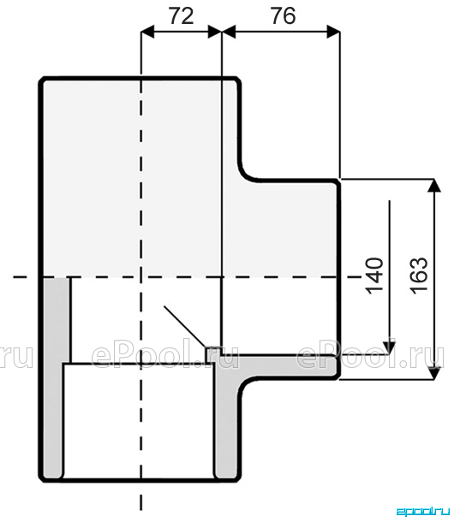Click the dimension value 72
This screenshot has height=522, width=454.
182,16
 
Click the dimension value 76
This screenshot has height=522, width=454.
283,16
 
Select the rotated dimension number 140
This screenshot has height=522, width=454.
374,276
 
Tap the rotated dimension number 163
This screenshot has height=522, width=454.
419,275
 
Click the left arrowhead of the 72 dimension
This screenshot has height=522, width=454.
147,33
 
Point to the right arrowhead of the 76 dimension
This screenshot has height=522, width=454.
333,33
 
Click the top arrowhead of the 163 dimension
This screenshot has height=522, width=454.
434,186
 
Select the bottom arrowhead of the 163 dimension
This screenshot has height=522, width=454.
434,373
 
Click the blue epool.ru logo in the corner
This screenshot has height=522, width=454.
422,512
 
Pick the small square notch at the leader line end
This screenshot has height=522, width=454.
209,355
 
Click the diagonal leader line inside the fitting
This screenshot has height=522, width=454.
184,326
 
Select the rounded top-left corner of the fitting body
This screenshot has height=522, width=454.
43,81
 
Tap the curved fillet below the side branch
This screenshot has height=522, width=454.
247,387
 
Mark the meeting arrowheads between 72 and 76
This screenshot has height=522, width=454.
222,33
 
